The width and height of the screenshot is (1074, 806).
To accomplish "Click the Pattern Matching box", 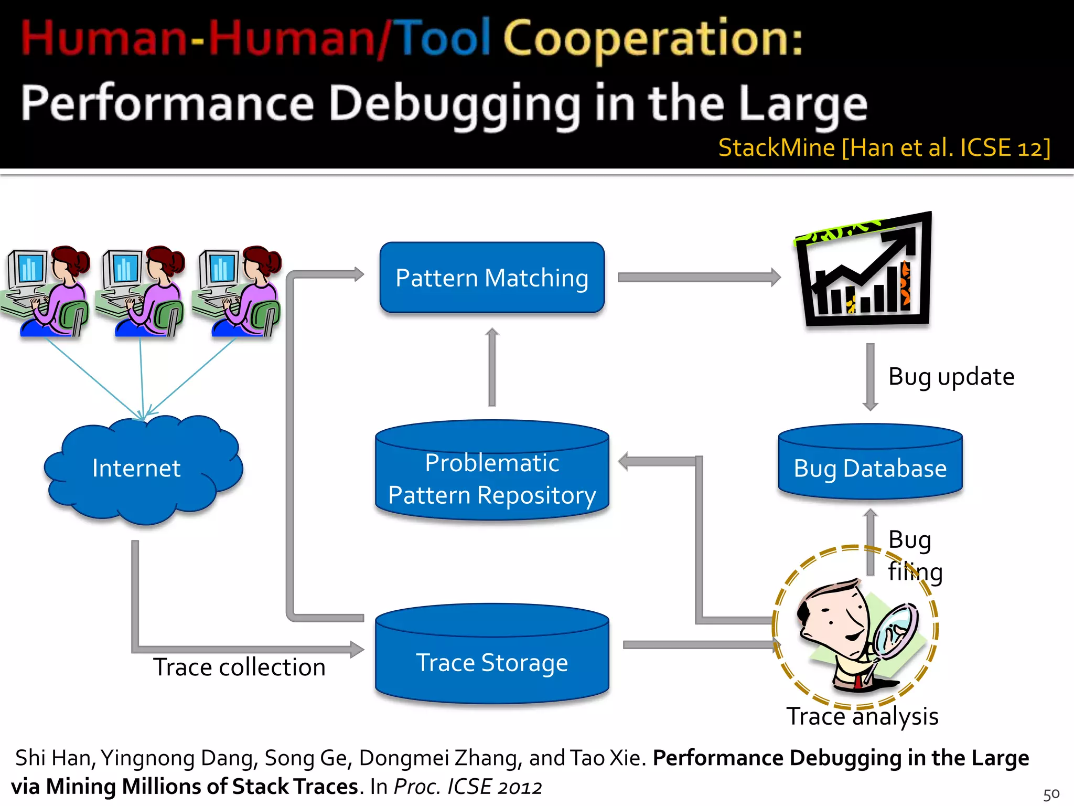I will pos(492,278).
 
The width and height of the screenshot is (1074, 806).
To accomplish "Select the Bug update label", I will pos(951,377).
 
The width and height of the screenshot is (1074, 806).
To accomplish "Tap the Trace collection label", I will pos(239,667).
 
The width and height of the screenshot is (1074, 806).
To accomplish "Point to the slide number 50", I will pos(1051,794).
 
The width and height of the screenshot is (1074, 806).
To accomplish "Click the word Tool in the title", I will pos(445,38).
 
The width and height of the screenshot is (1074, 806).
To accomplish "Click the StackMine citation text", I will pos(884,148).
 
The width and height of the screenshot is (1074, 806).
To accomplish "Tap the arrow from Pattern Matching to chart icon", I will pos(699,277).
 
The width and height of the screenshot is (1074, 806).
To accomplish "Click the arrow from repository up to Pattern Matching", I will pos(492,367).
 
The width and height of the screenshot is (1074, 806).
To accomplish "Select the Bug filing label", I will pos(915,556).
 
